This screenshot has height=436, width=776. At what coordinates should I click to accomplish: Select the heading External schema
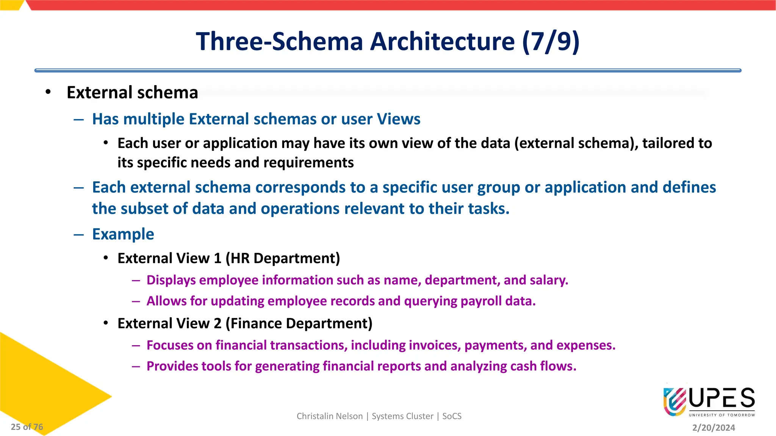point(132,93)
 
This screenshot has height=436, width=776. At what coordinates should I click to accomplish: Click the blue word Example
point(123,234)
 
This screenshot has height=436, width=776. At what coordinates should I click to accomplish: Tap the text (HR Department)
point(283,258)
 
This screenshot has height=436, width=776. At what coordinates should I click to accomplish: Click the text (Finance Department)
point(299,324)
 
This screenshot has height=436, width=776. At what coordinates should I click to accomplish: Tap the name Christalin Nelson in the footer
point(330,416)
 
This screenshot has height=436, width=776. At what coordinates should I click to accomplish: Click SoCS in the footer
point(452,416)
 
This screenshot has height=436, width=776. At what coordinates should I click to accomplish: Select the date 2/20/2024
point(713,428)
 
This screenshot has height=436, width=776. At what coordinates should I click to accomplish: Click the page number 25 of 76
point(27,427)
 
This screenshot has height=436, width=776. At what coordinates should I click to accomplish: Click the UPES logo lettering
point(722,399)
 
